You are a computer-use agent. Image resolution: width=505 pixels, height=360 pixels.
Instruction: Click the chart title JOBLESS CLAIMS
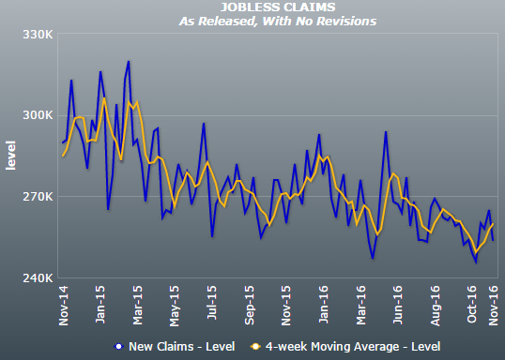pos(278,7)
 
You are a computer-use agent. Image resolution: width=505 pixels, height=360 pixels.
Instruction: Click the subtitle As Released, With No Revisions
pos(278,22)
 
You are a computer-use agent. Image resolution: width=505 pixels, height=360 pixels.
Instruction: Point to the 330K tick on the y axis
pos(38,35)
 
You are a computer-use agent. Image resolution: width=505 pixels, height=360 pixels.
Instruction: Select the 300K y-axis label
pos(38,115)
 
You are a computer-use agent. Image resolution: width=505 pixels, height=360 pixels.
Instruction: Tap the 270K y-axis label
pos(38,196)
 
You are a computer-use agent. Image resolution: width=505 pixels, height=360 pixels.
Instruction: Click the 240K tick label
pos(38,277)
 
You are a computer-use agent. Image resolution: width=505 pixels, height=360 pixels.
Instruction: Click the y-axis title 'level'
pos(10,155)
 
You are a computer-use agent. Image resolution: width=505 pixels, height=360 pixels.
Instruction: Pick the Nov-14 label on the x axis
pos(64,306)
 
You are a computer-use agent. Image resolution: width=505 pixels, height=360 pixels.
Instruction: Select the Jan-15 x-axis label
pos(100,305)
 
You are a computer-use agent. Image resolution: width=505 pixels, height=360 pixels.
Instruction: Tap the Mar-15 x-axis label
pos(138,305)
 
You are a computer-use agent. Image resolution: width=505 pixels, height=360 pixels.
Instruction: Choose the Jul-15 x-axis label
pos(211,302)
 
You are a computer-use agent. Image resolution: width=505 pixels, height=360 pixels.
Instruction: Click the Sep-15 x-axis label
pos(249,305)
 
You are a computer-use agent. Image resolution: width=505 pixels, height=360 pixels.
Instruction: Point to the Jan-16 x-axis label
pos(323,305)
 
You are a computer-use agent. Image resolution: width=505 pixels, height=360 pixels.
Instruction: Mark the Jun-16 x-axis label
pos(398,305)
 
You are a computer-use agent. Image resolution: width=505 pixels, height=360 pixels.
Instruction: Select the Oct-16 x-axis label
pos(471,305)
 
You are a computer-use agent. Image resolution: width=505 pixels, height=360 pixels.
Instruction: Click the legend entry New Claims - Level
pos(182,347)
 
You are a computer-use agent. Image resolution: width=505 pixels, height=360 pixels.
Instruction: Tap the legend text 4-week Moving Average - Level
pos(353,347)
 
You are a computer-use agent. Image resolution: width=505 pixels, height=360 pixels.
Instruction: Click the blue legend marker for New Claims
pos(119,347)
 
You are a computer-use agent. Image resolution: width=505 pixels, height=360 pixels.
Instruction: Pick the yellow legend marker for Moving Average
pos(255,347)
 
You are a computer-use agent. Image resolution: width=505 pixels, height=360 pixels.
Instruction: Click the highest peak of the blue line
pos(129,61)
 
